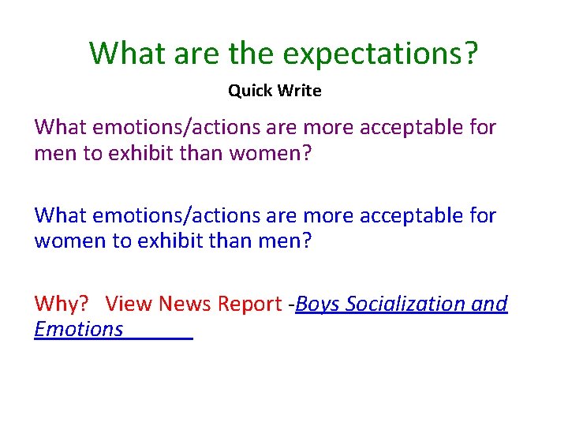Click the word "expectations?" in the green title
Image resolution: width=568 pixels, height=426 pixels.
tap(380, 54)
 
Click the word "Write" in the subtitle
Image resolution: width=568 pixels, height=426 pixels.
tap(299, 91)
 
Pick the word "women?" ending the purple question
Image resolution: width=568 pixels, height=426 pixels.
tap(271, 152)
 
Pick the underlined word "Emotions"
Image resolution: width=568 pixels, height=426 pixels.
tap(79, 329)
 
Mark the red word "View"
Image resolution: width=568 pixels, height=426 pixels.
tap(129, 304)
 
